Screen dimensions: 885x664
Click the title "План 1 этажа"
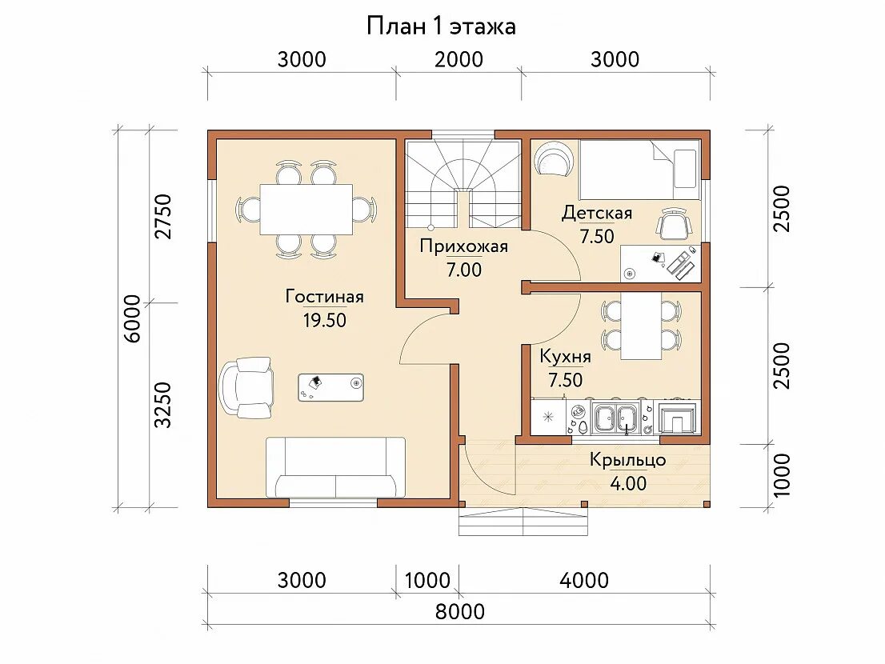click(441, 26)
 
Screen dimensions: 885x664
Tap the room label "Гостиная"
click(325, 296)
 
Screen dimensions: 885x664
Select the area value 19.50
click(325, 321)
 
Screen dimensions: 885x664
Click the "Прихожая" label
click(464, 246)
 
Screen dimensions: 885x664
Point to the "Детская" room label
click(597, 214)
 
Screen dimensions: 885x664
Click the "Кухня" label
click(566, 357)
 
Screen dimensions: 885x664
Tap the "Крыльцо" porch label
click(627, 460)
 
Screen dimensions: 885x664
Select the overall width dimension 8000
click(459, 611)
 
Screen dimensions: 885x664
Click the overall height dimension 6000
click(132, 318)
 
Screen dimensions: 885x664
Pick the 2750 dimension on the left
click(163, 217)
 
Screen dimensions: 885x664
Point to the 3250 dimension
click(163, 405)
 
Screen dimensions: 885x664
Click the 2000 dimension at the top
click(459, 59)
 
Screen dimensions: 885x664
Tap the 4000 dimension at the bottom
click(584, 580)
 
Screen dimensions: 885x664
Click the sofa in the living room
click(335, 467)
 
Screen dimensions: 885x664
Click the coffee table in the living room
click(330, 387)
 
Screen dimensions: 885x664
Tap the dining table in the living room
click(306, 210)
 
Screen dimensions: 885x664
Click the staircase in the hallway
click(464, 183)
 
